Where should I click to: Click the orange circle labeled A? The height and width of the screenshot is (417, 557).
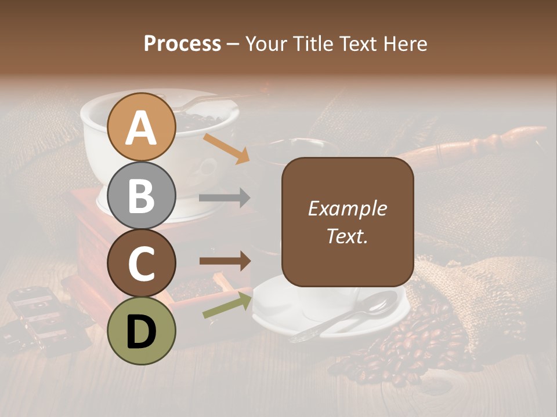click(142, 127)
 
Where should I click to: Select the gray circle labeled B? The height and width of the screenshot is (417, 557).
click(142, 195)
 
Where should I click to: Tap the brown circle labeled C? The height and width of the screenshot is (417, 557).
click(142, 264)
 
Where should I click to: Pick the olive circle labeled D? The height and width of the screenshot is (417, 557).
click(142, 331)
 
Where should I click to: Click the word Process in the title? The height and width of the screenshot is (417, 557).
click(182, 43)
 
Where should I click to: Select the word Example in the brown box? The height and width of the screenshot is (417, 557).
click(347, 209)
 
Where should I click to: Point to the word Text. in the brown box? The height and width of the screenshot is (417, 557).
click(347, 236)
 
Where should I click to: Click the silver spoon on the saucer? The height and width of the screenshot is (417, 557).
click(348, 316)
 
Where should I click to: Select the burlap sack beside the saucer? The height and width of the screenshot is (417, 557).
click(476, 290)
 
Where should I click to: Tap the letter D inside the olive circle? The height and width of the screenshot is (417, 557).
click(142, 332)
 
